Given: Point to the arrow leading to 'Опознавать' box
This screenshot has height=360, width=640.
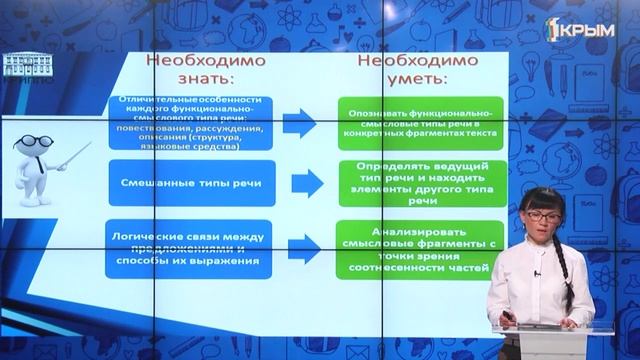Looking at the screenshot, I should point(299,124).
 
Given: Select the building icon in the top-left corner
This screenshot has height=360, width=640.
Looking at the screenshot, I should point(23,66).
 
